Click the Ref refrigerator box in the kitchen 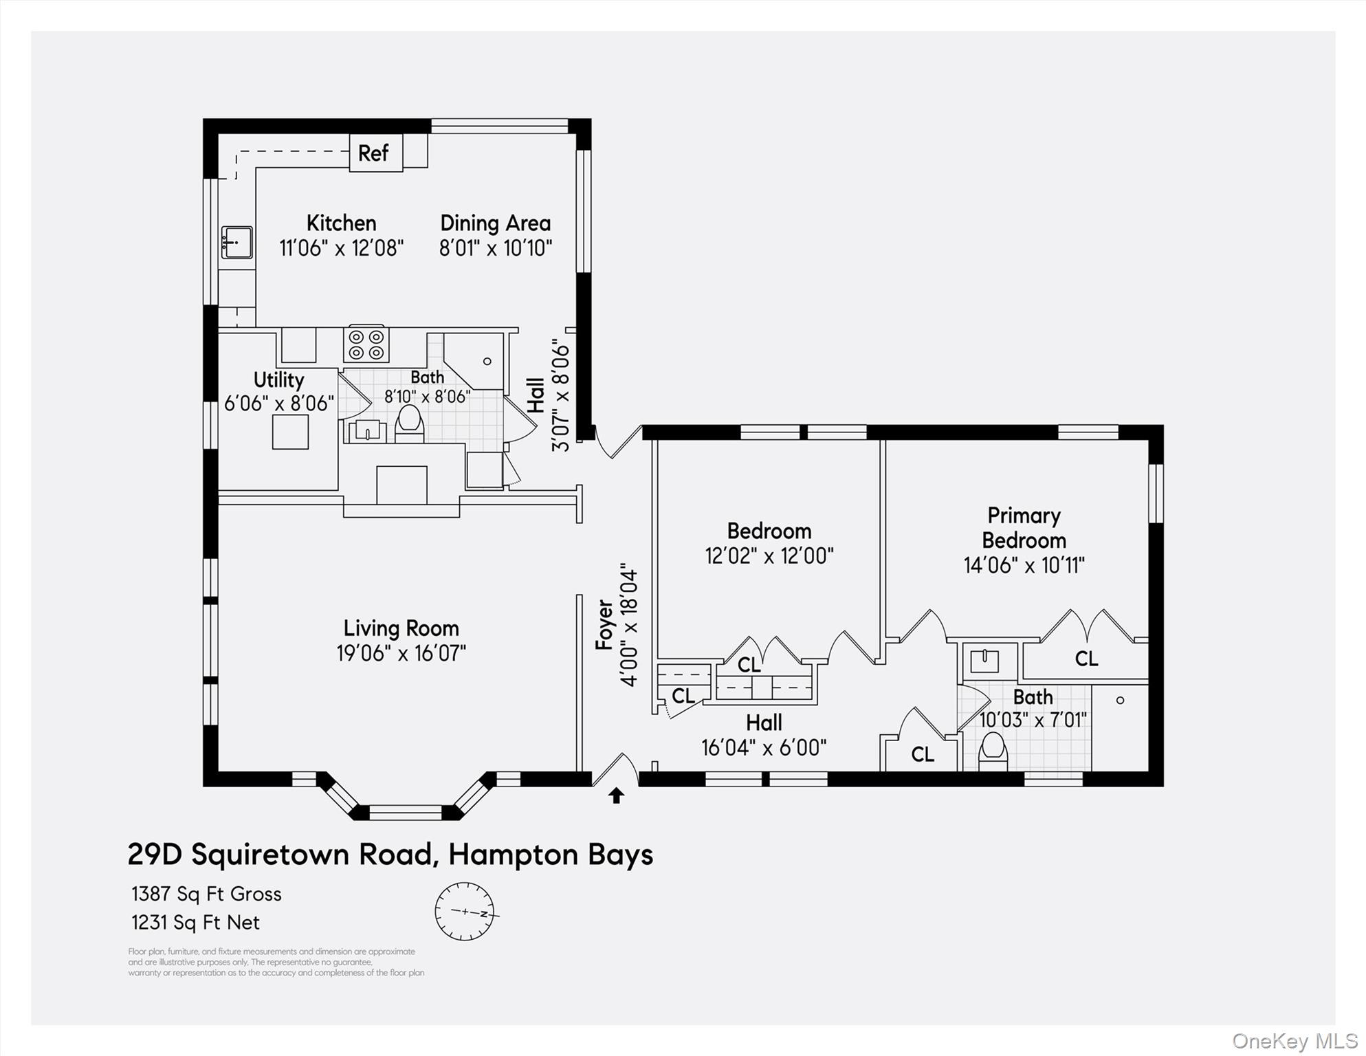375,153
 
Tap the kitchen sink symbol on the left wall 236,243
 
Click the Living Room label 401,628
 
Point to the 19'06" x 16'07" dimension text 401,653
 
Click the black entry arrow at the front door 616,796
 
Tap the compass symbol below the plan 465,912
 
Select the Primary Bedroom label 1024,527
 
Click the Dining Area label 495,223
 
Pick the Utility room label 278,379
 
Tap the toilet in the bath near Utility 409,423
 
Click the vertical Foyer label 604,624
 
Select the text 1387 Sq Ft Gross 206,894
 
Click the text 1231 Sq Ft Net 195,922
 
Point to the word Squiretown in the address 313,855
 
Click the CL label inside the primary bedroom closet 1086,659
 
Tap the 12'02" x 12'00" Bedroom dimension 769,555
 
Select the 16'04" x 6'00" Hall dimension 763,747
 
